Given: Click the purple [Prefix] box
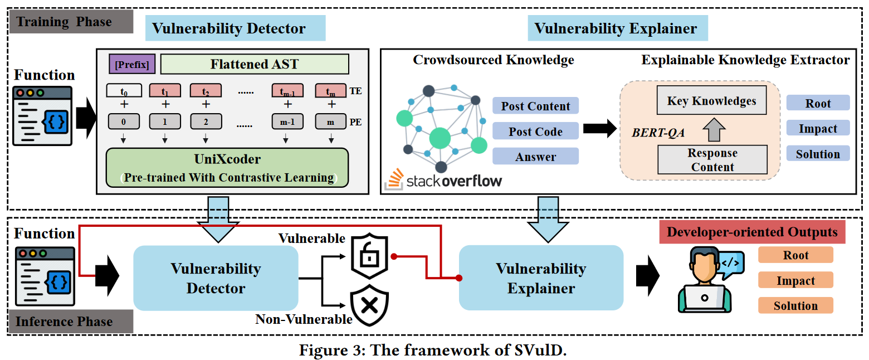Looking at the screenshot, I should point(131,65).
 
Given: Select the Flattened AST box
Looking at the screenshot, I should point(254,64).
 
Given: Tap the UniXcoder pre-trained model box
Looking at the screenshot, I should point(227,168).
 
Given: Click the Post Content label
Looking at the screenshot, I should point(535,106).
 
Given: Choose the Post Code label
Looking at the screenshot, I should point(535,132).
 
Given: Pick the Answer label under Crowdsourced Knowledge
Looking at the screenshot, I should point(535,157).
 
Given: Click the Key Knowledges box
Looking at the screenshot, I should point(711,101).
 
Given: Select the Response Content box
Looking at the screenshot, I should point(712,160).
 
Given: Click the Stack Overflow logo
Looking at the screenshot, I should point(443,179).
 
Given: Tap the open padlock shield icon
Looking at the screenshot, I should point(368,257).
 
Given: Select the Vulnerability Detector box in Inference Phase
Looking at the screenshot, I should point(216,278).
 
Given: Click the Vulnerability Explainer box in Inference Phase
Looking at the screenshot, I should point(540,278).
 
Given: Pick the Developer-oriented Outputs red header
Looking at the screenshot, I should point(751,232).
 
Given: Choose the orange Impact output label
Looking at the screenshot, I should point(795,280).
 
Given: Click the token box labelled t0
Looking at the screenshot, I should point(124,90).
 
